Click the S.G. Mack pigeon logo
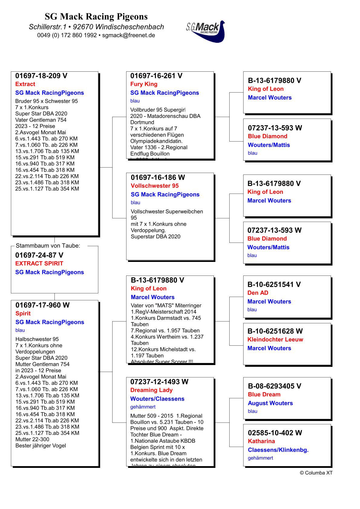coord(206,31)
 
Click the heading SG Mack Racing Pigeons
coord(96,16)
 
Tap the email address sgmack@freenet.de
coord(129,35)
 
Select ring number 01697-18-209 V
coord(41,76)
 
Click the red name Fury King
coord(144,84)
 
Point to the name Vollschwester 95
coord(155,186)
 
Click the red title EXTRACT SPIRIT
coord(39,263)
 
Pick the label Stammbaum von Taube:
coord(48,246)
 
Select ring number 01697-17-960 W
coord(42,305)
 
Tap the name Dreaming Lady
coord(151,390)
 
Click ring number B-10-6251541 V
coord(274,284)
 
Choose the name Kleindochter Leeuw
coord(275,339)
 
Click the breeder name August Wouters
coord(270,403)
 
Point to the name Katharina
coord(261,441)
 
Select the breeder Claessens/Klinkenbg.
coord(278,450)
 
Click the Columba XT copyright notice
coord(316,473)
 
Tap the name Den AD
coord(258,293)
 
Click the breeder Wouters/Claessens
coord(157,399)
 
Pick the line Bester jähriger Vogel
coord(41,445)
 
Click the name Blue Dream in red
coord(264,394)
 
